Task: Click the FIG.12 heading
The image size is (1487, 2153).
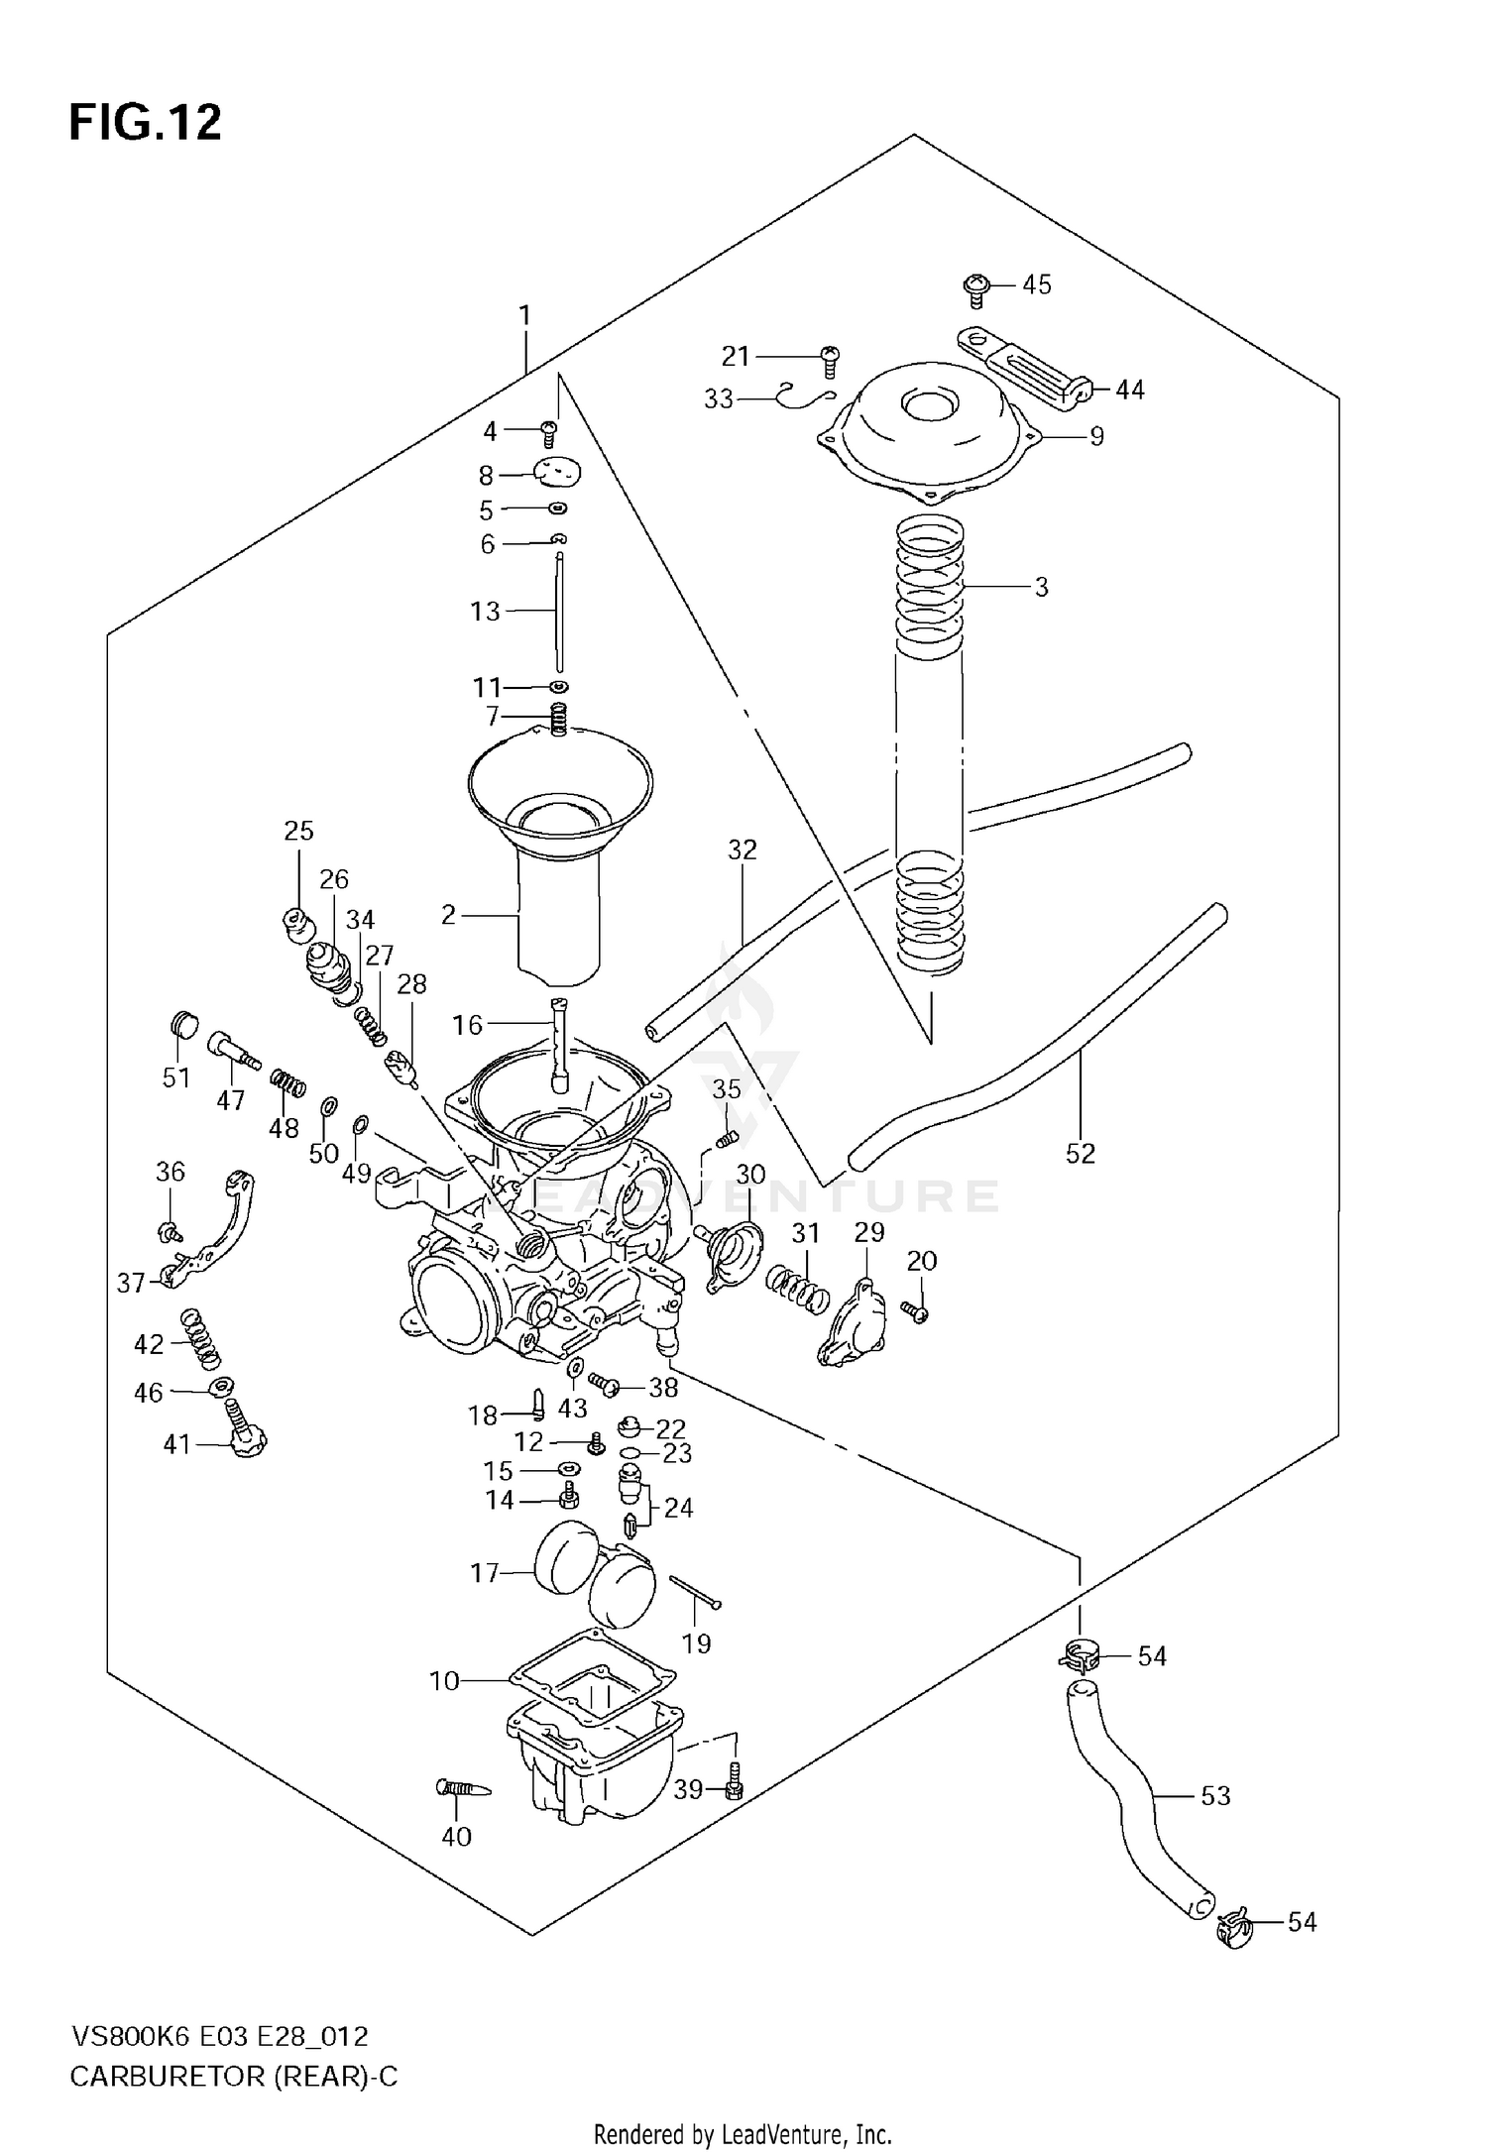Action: [145, 124]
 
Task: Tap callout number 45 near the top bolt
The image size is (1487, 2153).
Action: [1036, 284]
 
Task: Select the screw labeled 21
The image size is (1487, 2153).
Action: [831, 362]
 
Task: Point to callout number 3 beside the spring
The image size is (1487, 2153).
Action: [1041, 587]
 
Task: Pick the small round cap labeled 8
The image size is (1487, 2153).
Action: [557, 474]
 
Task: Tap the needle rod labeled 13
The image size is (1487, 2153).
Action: [560, 613]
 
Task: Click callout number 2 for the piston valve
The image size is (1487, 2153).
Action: [448, 915]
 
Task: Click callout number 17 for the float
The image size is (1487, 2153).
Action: [484, 1573]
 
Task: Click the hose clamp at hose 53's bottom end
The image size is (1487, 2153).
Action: [1235, 1928]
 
